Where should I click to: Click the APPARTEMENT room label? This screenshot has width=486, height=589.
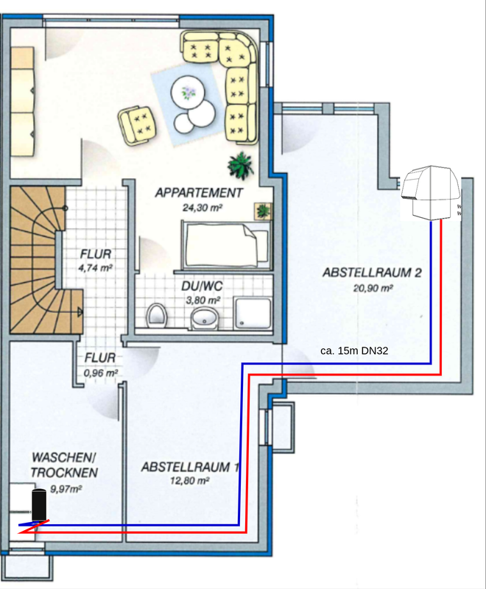point(199,193)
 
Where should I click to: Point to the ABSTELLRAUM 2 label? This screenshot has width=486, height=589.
point(372,272)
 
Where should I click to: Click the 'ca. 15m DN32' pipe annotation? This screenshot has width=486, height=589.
point(354,351)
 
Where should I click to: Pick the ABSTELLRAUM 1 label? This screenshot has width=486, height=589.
point(190,467)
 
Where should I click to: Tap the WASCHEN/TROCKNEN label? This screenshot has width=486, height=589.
point(64,465)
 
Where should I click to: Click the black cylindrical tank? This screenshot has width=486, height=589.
point(39,504)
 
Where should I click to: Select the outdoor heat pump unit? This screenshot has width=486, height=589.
point(431,192)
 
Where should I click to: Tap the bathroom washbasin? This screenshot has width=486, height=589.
point(204,319)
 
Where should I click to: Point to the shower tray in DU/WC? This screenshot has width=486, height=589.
point(253,314)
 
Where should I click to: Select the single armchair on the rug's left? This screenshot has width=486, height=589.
point(138,125)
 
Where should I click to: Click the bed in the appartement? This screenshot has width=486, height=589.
point(227,246)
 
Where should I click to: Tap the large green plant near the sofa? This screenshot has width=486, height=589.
point(241,165)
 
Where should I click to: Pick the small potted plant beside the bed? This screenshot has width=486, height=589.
point(264,211)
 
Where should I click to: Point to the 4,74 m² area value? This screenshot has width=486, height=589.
point(96,268)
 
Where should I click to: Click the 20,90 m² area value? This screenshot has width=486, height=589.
point(373,288)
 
